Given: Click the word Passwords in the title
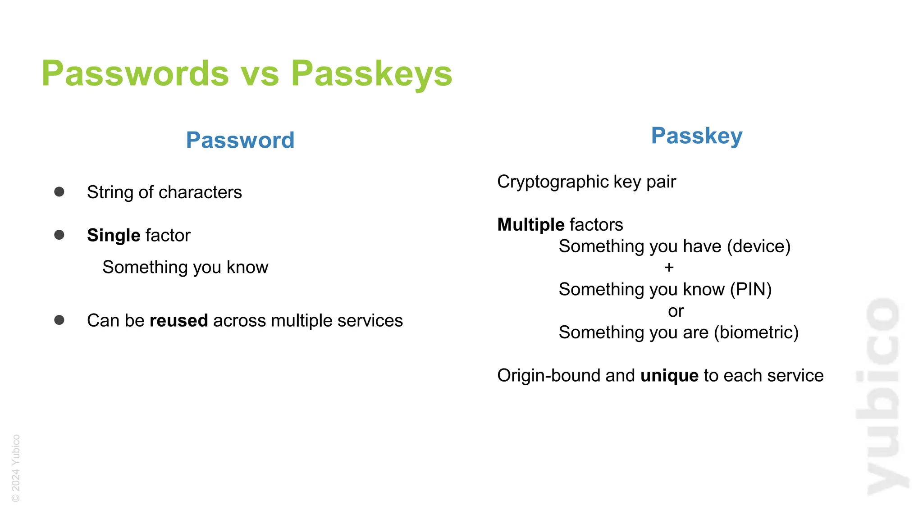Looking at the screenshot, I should click(x=135, y=73).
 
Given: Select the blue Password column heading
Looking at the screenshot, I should click(x=240, y=140).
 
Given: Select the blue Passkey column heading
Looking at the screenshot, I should click(x=697, y=136).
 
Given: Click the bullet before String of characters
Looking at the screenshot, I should click(x=59, y=192).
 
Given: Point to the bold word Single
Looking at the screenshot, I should click(x=114, y=235).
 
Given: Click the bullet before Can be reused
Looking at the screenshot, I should click(x=59, y=320).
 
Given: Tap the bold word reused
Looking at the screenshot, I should click(x=178, y=321).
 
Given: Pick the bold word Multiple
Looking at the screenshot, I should click(x=530, y=225).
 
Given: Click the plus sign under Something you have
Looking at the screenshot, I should click(x=669, y=268).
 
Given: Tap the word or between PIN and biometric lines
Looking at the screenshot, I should click(x=676, y=311).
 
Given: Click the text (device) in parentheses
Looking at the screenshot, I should click(x=759, y=246).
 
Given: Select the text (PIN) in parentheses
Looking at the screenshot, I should click(x=751, y=289).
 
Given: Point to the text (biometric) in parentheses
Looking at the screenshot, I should click(x=756, y=332).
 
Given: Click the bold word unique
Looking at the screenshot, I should click(x=669, y=375).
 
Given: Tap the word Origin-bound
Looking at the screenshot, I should click(x=549, y=375).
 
